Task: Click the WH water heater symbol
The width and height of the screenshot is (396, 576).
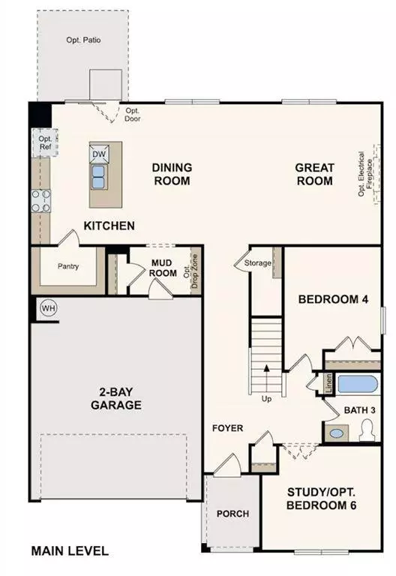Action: click(x=48, y=307)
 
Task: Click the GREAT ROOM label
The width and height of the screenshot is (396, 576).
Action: click(x=313, y=175)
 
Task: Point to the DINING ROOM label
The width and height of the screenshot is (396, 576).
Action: click(x=172, y=174)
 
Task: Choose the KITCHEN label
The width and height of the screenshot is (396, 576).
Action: click(x=109, y=226)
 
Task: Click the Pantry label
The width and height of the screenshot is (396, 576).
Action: click(x=68, y=266)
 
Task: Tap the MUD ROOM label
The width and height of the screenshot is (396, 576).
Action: click(x=163, y=268)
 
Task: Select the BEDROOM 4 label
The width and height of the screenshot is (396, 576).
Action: click(x=333, y=300)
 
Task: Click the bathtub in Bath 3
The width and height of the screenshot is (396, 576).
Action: click(x=357, y=385)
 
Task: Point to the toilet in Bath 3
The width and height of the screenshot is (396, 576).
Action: click(x=367, y=430)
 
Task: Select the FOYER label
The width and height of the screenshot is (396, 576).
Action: click(x=227, y=428)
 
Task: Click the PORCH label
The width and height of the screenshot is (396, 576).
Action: click(x=232, y=514)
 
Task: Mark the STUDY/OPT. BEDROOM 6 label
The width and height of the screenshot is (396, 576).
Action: click(x=321, y=499)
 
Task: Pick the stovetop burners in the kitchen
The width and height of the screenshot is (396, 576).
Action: click(x=40, y=200)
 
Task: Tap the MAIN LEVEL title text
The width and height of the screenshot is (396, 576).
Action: click(x=70, y=551)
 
